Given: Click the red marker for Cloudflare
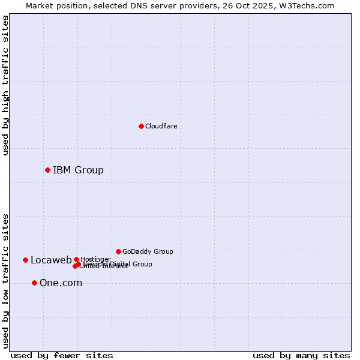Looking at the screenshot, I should (x=141, y=126).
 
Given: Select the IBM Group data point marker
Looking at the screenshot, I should (x=47, y=170).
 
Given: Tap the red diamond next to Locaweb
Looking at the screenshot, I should (x=25, y=260).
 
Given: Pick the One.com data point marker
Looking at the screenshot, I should (x=34, y=283).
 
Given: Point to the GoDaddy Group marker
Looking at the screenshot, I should (x=118, y=251).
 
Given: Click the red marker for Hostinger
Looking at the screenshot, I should (x=76, y=259).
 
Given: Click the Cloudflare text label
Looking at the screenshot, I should (x=161, y=126).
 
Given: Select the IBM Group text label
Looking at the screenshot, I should (x=78, y=170).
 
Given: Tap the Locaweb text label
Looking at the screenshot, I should (x=51, y=260).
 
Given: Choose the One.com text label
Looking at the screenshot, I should (x=61, y=283).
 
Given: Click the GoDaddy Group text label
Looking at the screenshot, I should (x=148, y=251).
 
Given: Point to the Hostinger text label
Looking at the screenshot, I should (x=95, y=259).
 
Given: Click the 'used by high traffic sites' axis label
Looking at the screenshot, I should (x=5, y=85).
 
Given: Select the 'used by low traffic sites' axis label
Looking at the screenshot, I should (x=5, y=281).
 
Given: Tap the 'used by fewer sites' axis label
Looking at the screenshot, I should (x=62, y=356).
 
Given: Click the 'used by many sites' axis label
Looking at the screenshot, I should (x=301, y=356).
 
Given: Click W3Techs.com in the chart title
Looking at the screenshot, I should (x=308, y=5).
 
